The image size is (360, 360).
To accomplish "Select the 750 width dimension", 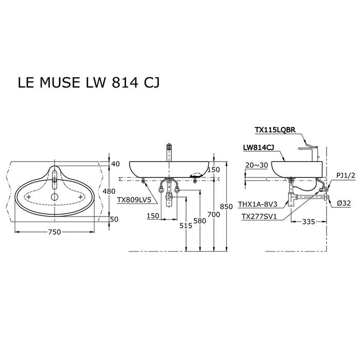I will pyautogui.click(x=55, y=232).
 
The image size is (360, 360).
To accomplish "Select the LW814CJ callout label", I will pyautogui.click(x=258, y=148).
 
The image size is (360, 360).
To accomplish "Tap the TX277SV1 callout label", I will pyautogui.click(x=258, y=217).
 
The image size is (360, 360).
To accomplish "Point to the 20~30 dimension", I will pyautogui.click(x=257, y=165).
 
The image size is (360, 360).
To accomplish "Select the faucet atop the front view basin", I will pyautogui.click(x=167, y=153).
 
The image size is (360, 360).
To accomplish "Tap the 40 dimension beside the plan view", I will pyautogui.click(x=115, y=164).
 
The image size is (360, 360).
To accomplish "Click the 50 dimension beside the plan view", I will pyautogui.click(x=115, y=219).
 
